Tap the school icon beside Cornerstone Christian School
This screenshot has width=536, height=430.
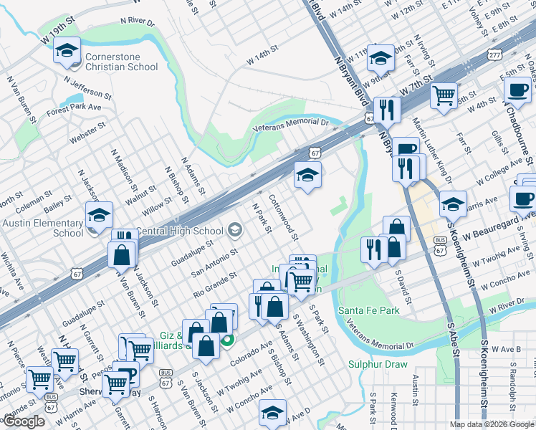pyautogui.click(x=67, y=52)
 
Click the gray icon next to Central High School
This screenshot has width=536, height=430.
pyautogui.click(x=234, y=231)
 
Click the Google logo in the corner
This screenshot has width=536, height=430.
pyautogui.click(x=24, y=421)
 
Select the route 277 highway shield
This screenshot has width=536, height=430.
pyautogui.click(x=494, y=54)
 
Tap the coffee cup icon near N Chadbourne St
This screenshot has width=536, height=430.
pyautogui.click(x=517, y=90)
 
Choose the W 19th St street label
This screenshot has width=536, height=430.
pyautogui.click(x=58, y=37)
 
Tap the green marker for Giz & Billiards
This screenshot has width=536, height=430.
pyautogui.click(x=227, y=340)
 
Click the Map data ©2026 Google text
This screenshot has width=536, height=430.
pyautogui.click(x=491, y=424)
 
